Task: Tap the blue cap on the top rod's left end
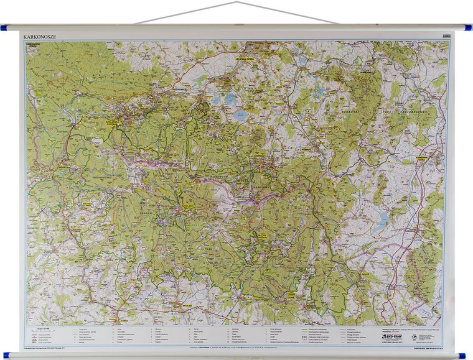click(4, 28)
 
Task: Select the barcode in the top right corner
click(446, 36)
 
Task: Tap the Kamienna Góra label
click(424, 159)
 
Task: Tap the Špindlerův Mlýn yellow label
click(188, 203)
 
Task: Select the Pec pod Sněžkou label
click(263, 237)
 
